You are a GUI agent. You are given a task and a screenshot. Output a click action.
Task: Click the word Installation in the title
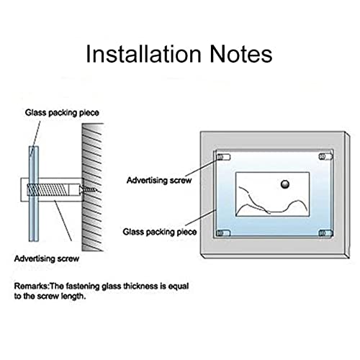coord(143,54)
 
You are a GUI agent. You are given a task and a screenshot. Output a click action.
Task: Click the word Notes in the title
coord(241,54)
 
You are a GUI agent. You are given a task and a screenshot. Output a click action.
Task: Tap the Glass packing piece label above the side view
coord(62,112)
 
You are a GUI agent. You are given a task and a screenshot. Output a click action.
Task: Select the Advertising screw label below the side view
coord(47,258)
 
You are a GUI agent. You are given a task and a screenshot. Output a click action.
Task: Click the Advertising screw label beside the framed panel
coord(159,180)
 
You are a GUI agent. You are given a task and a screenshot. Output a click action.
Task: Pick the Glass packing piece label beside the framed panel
coord(160,232)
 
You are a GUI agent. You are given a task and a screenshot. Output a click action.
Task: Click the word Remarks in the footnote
coord(31,286)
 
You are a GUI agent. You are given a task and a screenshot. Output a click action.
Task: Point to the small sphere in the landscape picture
coord(285,184)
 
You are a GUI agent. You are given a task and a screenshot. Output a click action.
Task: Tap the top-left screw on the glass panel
coord(223,157)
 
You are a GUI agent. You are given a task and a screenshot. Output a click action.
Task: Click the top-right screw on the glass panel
coord(325,157)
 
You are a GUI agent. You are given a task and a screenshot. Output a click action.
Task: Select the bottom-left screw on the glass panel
coord(223,233)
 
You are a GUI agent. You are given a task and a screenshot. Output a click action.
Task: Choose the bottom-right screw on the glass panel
coord(325,233)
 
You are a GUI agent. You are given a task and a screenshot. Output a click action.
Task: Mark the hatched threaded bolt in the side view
coord(48,189)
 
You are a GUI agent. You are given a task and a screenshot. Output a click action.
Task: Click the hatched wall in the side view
coord(92,187)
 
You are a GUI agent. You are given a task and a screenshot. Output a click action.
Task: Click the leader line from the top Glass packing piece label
coord(35,139)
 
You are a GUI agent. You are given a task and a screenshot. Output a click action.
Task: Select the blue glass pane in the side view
coord(34,194)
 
